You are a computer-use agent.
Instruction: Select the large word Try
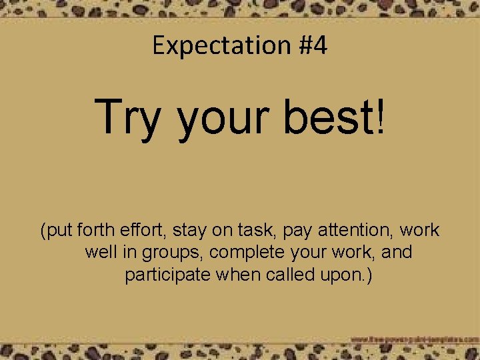pyautogui.click(x=129, y=117)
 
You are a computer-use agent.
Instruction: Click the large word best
pyautogui.click(x=329, y=116)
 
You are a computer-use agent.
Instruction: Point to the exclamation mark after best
pyautogui.click(x=380, y=116)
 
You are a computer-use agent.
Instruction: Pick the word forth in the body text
pyautogui.click(x=97, y=231)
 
